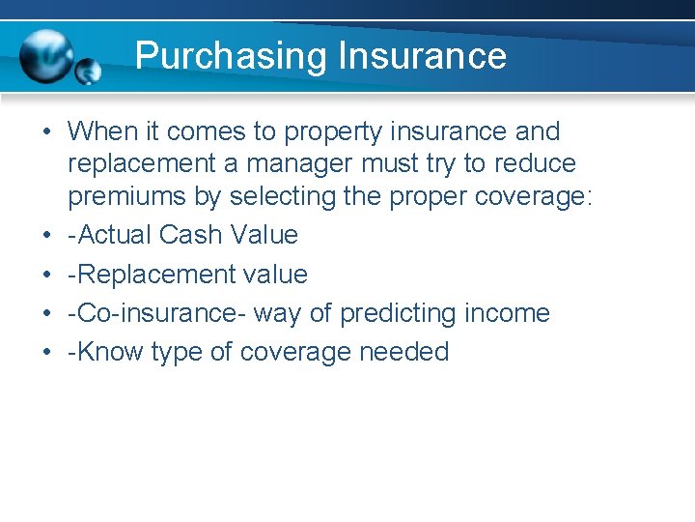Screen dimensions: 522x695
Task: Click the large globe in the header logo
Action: coord(48,57)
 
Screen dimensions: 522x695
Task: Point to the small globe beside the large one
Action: coord(88,72)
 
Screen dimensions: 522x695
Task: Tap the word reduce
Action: coord(533,164)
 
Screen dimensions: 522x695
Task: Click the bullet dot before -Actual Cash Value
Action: coord(47,235)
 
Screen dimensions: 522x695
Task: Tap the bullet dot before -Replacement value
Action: coord(47,275)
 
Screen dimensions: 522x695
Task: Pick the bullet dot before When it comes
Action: coord(47,131)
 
